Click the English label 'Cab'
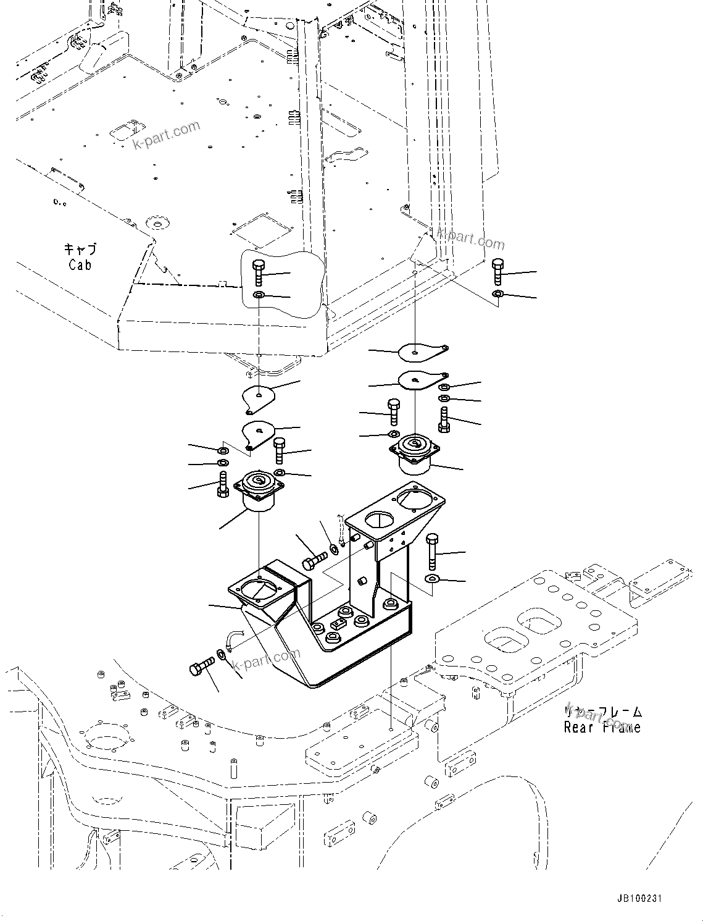[80, 265]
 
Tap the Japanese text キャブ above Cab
[80, 250]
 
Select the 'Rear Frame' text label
[602, 727]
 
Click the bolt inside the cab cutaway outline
[259, 273]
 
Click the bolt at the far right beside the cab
[498, 272]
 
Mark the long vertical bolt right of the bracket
[432, 552]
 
